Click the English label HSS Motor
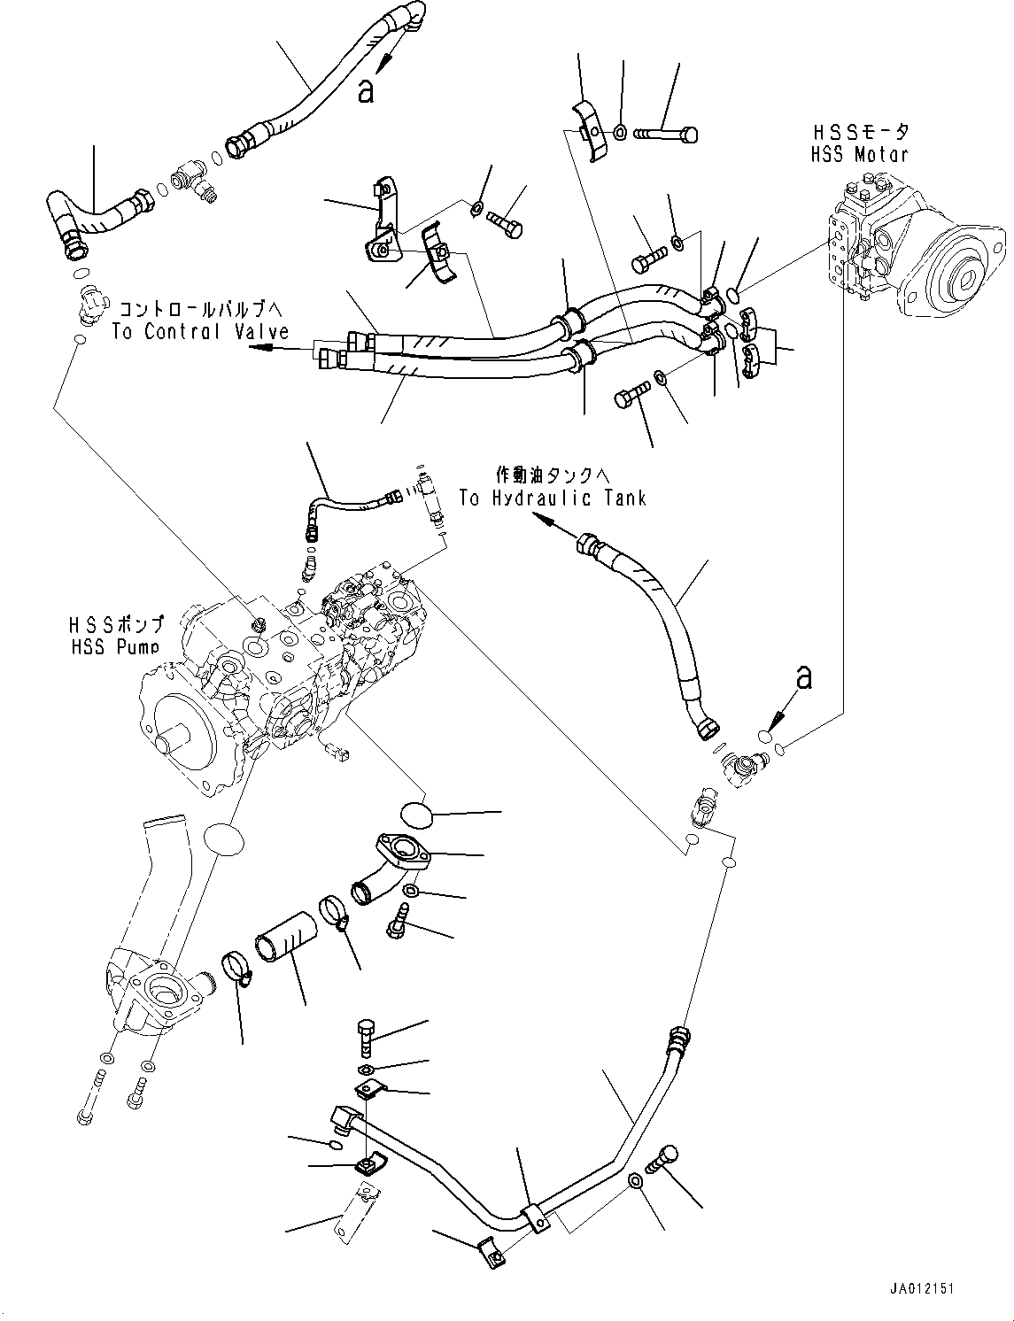click(x=860, y=154)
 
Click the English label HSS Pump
click(x=115, y=647)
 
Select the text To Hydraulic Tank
click(x=553, y=498)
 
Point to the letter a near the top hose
click(x=365, y=90)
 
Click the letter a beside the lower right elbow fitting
click(x=804, y=677)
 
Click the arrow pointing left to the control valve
click(x=266, y=348)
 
